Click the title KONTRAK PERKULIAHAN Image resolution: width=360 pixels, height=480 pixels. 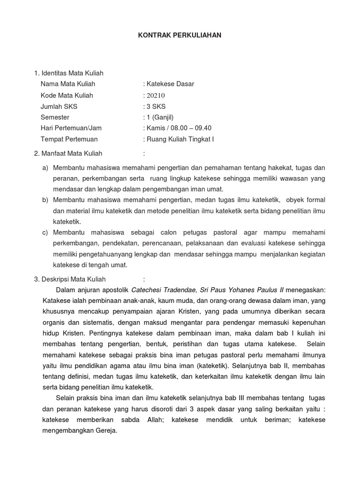coord(180,35)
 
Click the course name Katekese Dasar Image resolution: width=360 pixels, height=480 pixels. coord(170,84)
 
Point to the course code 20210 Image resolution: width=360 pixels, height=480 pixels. coord(156,95)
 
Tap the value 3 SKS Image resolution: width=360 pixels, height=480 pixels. coord(156,106)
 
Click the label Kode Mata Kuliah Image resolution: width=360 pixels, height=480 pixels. coord(67,95)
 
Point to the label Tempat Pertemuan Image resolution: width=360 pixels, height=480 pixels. coord(69,139)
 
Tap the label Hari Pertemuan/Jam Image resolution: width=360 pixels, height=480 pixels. coord(71,128)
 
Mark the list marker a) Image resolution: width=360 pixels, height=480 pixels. coord(45,168)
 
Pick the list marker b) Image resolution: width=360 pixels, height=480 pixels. coord(45,200)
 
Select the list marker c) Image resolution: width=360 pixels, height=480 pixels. coord(45,232)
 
